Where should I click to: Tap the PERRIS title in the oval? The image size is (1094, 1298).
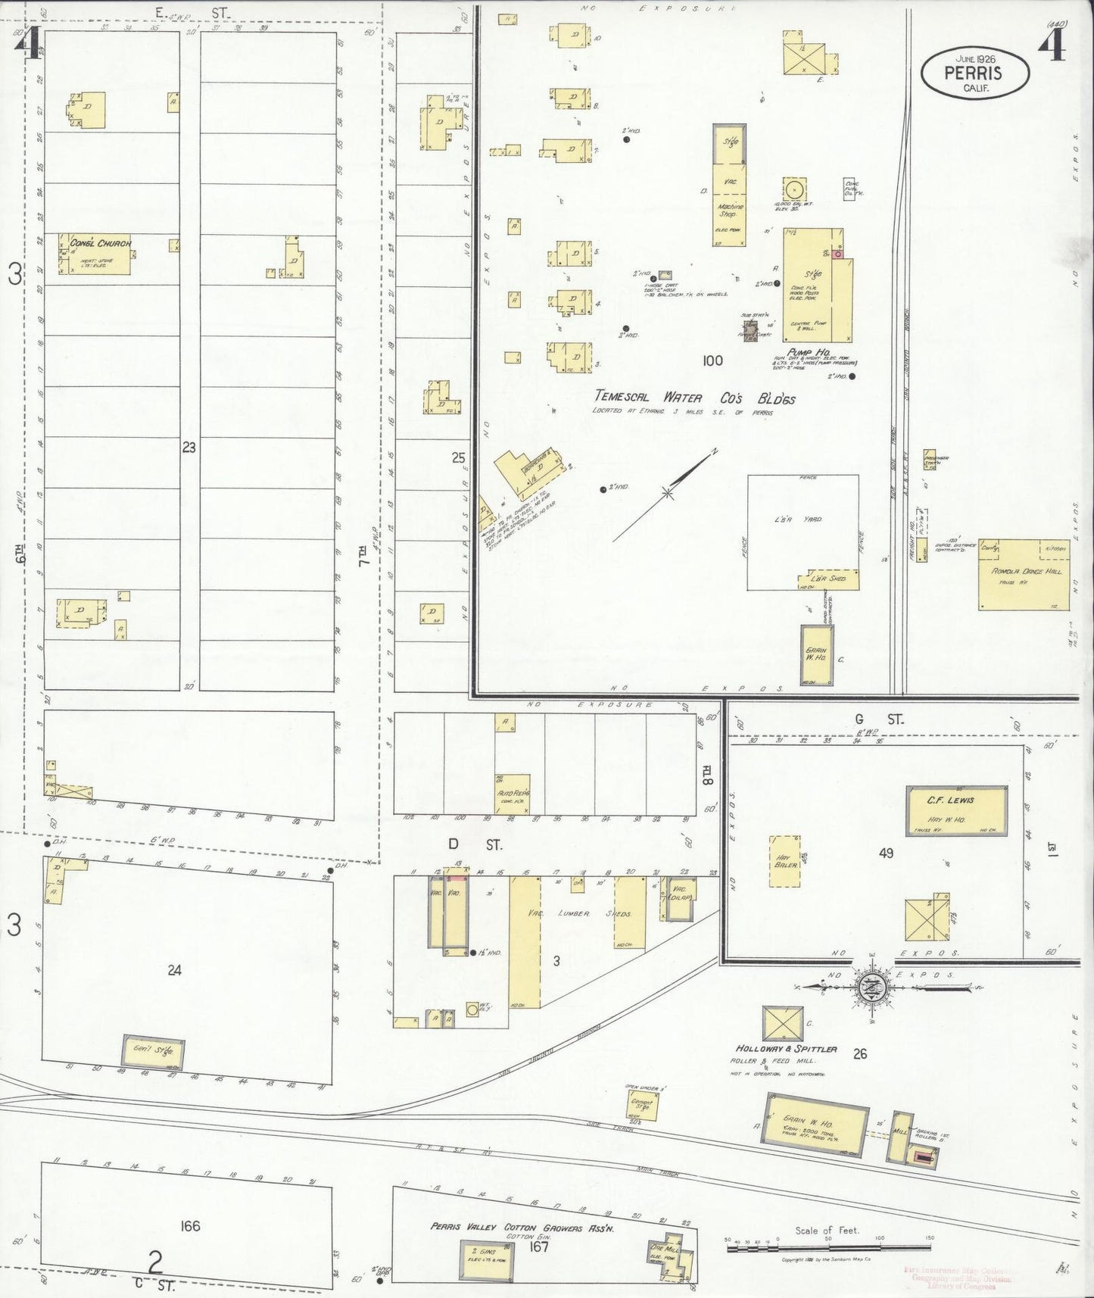[x=973, y=73]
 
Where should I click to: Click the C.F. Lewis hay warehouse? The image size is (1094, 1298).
[x=957, y=808]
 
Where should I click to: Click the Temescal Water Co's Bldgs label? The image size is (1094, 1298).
[x=694, y=398]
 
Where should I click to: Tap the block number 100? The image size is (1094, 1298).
[x=712, y=360]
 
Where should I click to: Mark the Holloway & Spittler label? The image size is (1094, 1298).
[x=787, y=1049]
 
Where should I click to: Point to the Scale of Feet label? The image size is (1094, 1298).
[x=827, y=1231]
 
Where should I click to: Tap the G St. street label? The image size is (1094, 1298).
[x=878, y=719]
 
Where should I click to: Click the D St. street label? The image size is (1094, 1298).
[x=475, y=844]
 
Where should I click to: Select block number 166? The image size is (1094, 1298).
[x=190, y=1226]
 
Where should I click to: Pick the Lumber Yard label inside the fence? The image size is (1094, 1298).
[x=803, y=520]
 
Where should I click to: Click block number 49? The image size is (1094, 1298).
[x=886, y=853]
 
